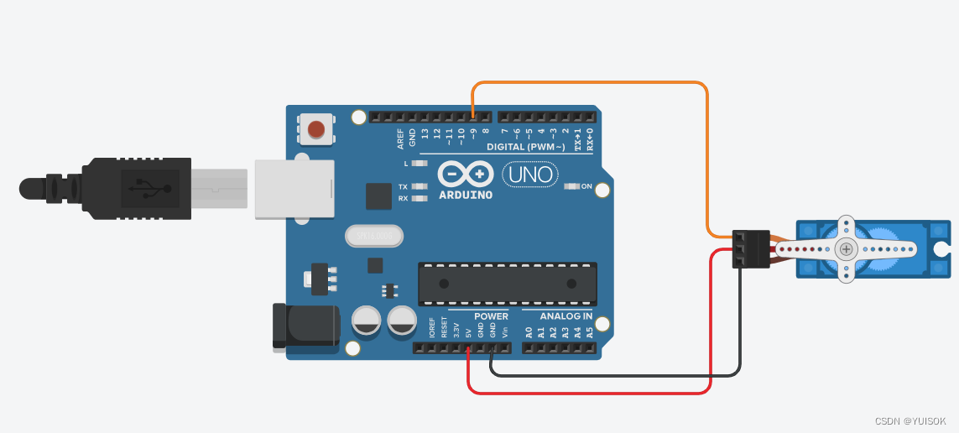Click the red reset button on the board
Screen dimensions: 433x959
[x=316, y=129]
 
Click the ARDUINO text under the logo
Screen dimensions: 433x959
[x=466, y=195]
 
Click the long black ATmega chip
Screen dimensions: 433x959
[x=508, y=283]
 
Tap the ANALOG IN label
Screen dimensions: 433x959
[x=565, y=316]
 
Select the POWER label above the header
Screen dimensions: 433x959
[x=491, y=316]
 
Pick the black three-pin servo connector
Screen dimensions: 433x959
[x=751, y=249]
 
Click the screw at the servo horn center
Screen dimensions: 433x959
[x=847, y=248]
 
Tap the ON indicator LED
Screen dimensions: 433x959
[x=574, y=186]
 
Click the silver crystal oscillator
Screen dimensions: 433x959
[x=374, y=237]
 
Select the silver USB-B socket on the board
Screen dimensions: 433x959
[x=294, y=189]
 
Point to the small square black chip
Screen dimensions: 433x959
[x=379, y=196]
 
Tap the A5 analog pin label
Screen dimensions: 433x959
[x=590, y=332]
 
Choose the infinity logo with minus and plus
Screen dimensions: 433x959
[x=465, y=175]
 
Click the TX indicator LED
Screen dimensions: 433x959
[x=420, y=186]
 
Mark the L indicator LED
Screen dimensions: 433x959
[x=420, y=164]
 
